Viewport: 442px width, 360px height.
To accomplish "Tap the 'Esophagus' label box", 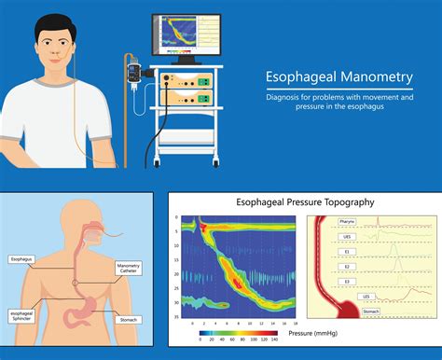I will pyautogui.click(x=21, y=258).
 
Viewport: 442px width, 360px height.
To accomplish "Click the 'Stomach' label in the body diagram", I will pyautogui.click(x=129, y=318).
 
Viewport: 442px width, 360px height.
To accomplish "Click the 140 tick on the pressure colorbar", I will pyautogui.click(x=276, y=341).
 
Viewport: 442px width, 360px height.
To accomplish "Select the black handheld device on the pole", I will pyautogui.click(x=134, y=72).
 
